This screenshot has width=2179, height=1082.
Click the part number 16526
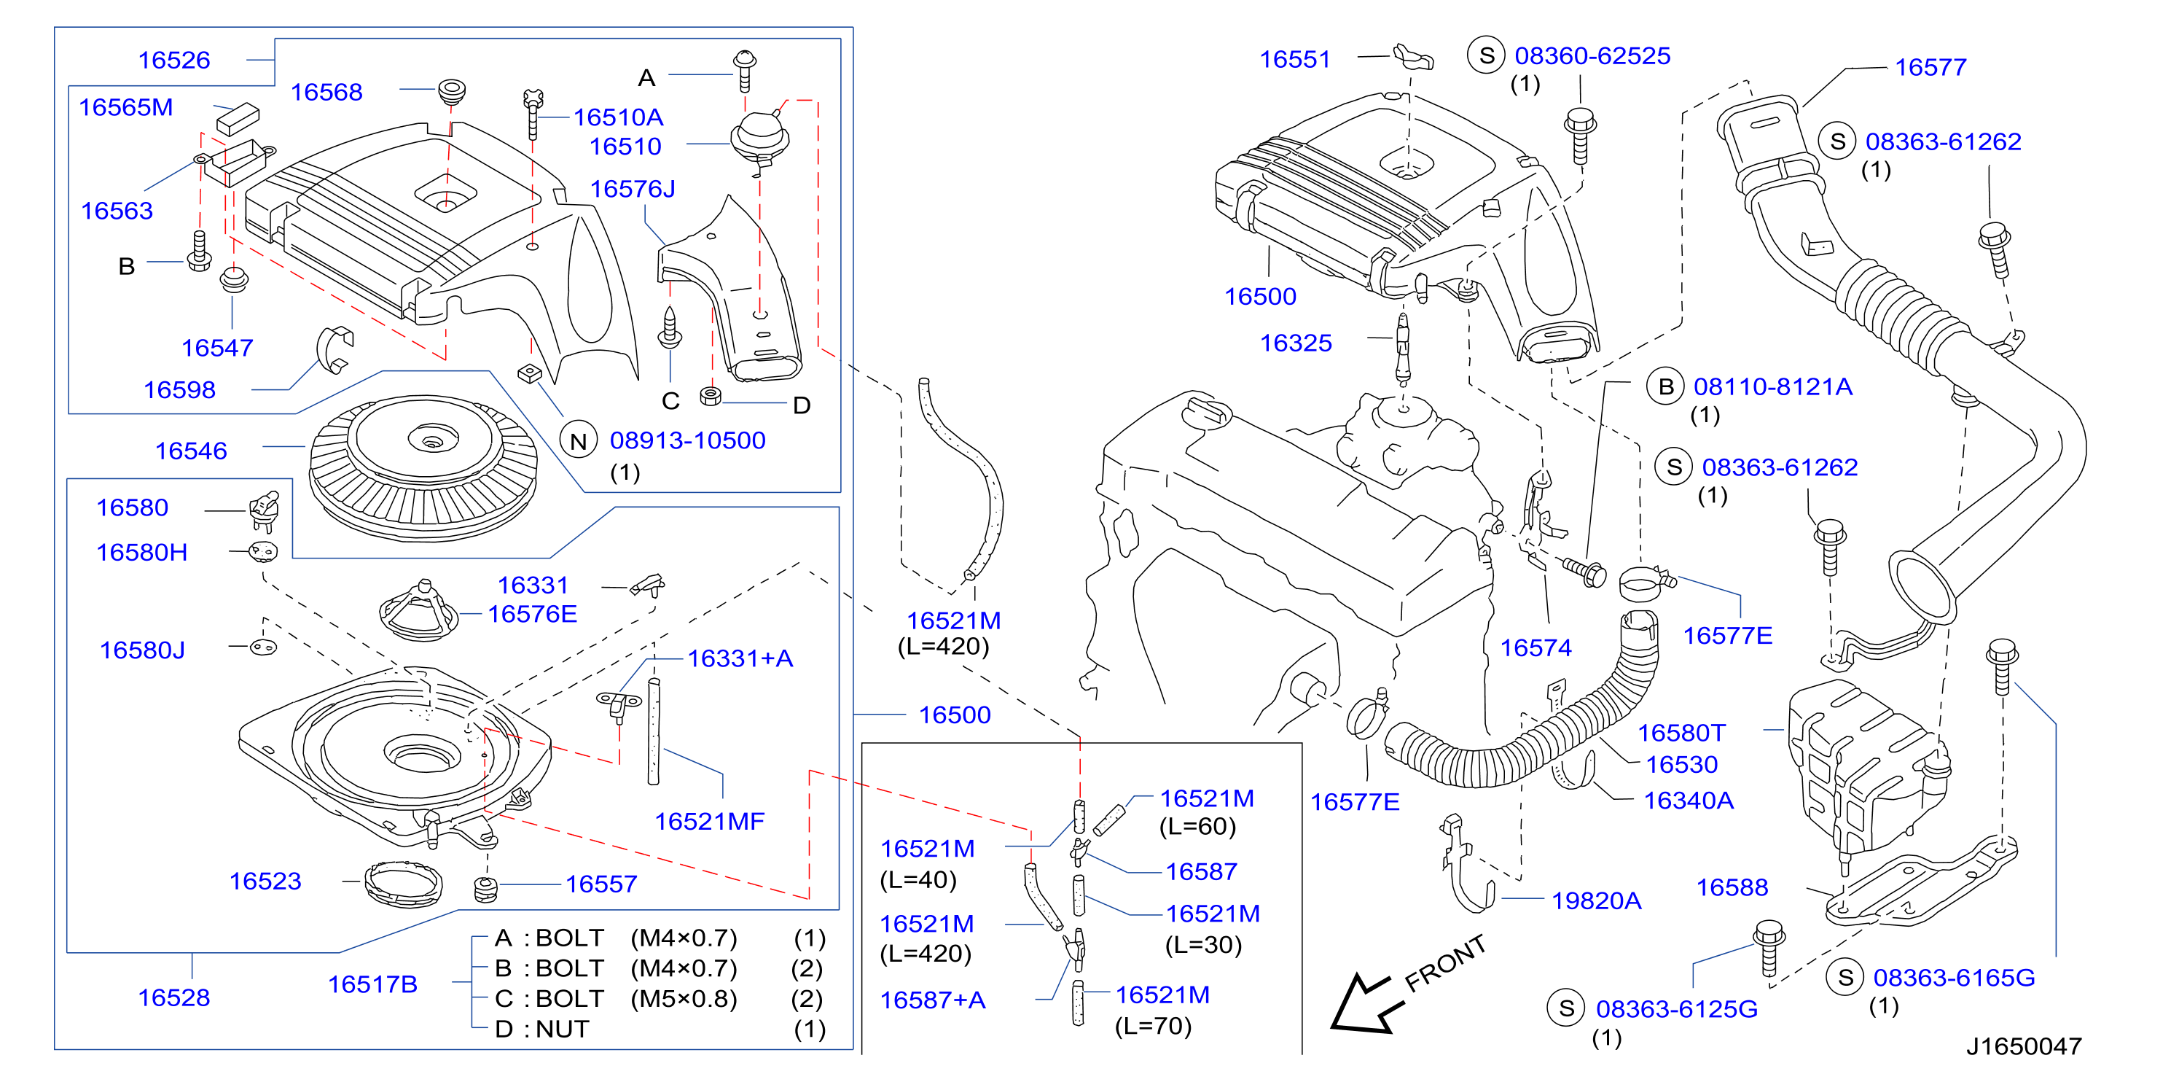173,60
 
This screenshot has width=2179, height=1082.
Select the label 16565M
125,107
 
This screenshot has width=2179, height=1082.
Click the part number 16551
1295,59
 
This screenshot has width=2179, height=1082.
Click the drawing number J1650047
2023,1046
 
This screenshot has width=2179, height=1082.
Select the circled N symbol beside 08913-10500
579,441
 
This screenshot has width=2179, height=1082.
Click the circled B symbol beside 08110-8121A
1665,386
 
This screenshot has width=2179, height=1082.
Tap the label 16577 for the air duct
1930,68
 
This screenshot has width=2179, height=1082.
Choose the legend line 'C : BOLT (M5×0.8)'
617,999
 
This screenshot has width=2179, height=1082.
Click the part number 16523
265,881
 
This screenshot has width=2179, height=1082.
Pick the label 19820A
1596,901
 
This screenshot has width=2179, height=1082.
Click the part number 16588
1732,887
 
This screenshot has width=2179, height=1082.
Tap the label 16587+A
933,1000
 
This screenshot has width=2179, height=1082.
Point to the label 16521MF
709,822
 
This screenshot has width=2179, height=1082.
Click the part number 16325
1296,343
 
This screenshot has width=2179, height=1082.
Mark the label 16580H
141,553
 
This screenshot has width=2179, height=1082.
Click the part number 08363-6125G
1677,1009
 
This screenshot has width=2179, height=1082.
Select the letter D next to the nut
802,406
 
